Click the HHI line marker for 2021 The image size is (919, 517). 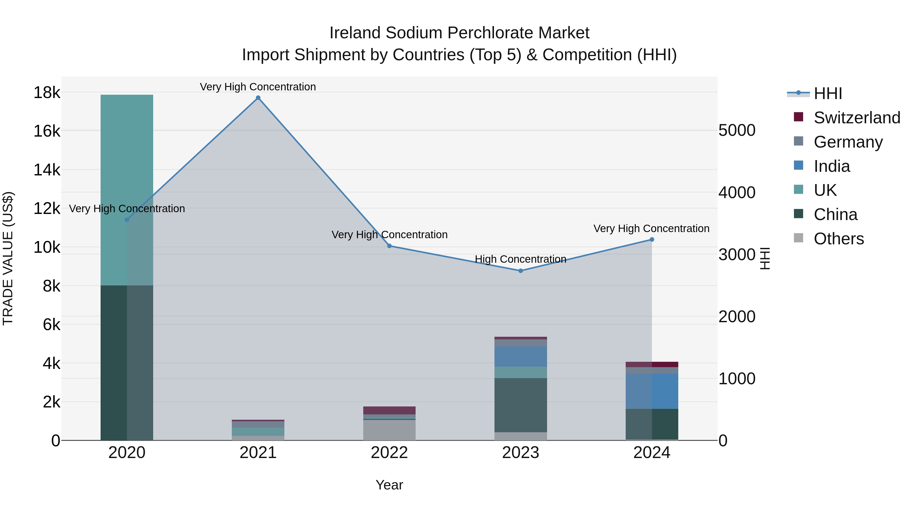tap(258, 98)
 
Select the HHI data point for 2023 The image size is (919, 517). tap(521, 271)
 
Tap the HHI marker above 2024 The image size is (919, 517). tap(652, 239)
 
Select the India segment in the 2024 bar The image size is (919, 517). tap(652, 391)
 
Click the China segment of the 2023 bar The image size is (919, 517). tap(521, 405)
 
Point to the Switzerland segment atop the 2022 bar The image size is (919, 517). tap(389, 410)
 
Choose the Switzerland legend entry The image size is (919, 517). tap(856, 118)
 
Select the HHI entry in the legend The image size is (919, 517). tap(827, 93)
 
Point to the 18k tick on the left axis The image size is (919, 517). tap(47, 93)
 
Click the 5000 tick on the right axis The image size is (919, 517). tap(737, 130)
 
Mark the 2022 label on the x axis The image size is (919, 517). tap(389, 453)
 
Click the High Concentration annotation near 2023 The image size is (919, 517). tap(521, 259)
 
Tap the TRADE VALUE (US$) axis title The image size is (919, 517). tap(8, 258)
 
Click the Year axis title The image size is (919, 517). tap(389, 485)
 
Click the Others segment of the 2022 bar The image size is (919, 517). tap(389, 430)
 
